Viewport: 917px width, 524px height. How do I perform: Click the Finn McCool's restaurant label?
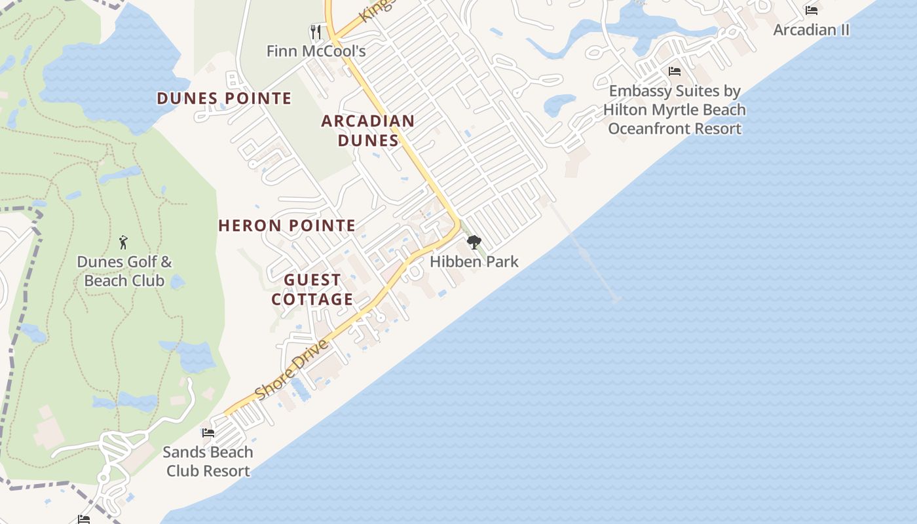(316, 50)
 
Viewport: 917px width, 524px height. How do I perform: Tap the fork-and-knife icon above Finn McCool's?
(316, 31)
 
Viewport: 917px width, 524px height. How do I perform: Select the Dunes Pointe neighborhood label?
(224, 99)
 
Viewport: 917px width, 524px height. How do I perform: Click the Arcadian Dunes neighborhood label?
(367, 130)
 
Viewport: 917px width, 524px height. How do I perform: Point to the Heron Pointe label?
(287, 226)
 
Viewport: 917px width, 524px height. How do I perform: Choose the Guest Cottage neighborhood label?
(312, 290)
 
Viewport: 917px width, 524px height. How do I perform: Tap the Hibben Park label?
(474, 261)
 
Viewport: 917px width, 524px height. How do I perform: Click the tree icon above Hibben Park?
(474, 242)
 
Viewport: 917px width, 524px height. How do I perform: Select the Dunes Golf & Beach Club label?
(124, 271)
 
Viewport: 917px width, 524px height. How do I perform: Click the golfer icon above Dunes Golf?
(123, 242)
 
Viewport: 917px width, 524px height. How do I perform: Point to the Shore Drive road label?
(291, 369)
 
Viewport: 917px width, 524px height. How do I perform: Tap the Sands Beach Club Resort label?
(208, 461)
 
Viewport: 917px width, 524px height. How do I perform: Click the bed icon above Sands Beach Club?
(208, 432)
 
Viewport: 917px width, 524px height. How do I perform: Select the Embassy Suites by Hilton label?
(675, 109)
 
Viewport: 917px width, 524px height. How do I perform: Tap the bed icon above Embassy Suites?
(675, 71)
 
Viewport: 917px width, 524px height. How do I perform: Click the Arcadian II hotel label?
(812, 29)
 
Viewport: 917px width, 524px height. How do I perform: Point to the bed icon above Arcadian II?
(812, 10)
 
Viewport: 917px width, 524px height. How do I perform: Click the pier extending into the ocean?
(586, 253)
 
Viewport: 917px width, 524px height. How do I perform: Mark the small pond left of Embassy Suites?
(559, 105)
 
